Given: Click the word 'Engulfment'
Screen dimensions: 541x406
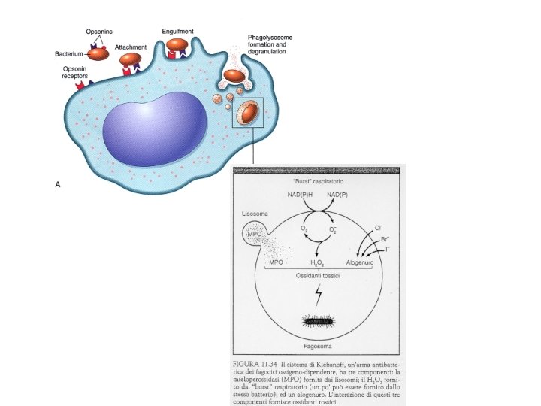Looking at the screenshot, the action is click(x=177, y=31).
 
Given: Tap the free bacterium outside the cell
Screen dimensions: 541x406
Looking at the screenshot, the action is click(x=98, y=55).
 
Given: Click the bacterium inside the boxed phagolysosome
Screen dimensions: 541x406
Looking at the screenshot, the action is click(x=247, y=114).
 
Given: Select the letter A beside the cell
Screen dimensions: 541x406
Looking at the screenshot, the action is click(x=58, y=183).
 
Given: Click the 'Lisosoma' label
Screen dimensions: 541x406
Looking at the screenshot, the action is click(x=255, y=215).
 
